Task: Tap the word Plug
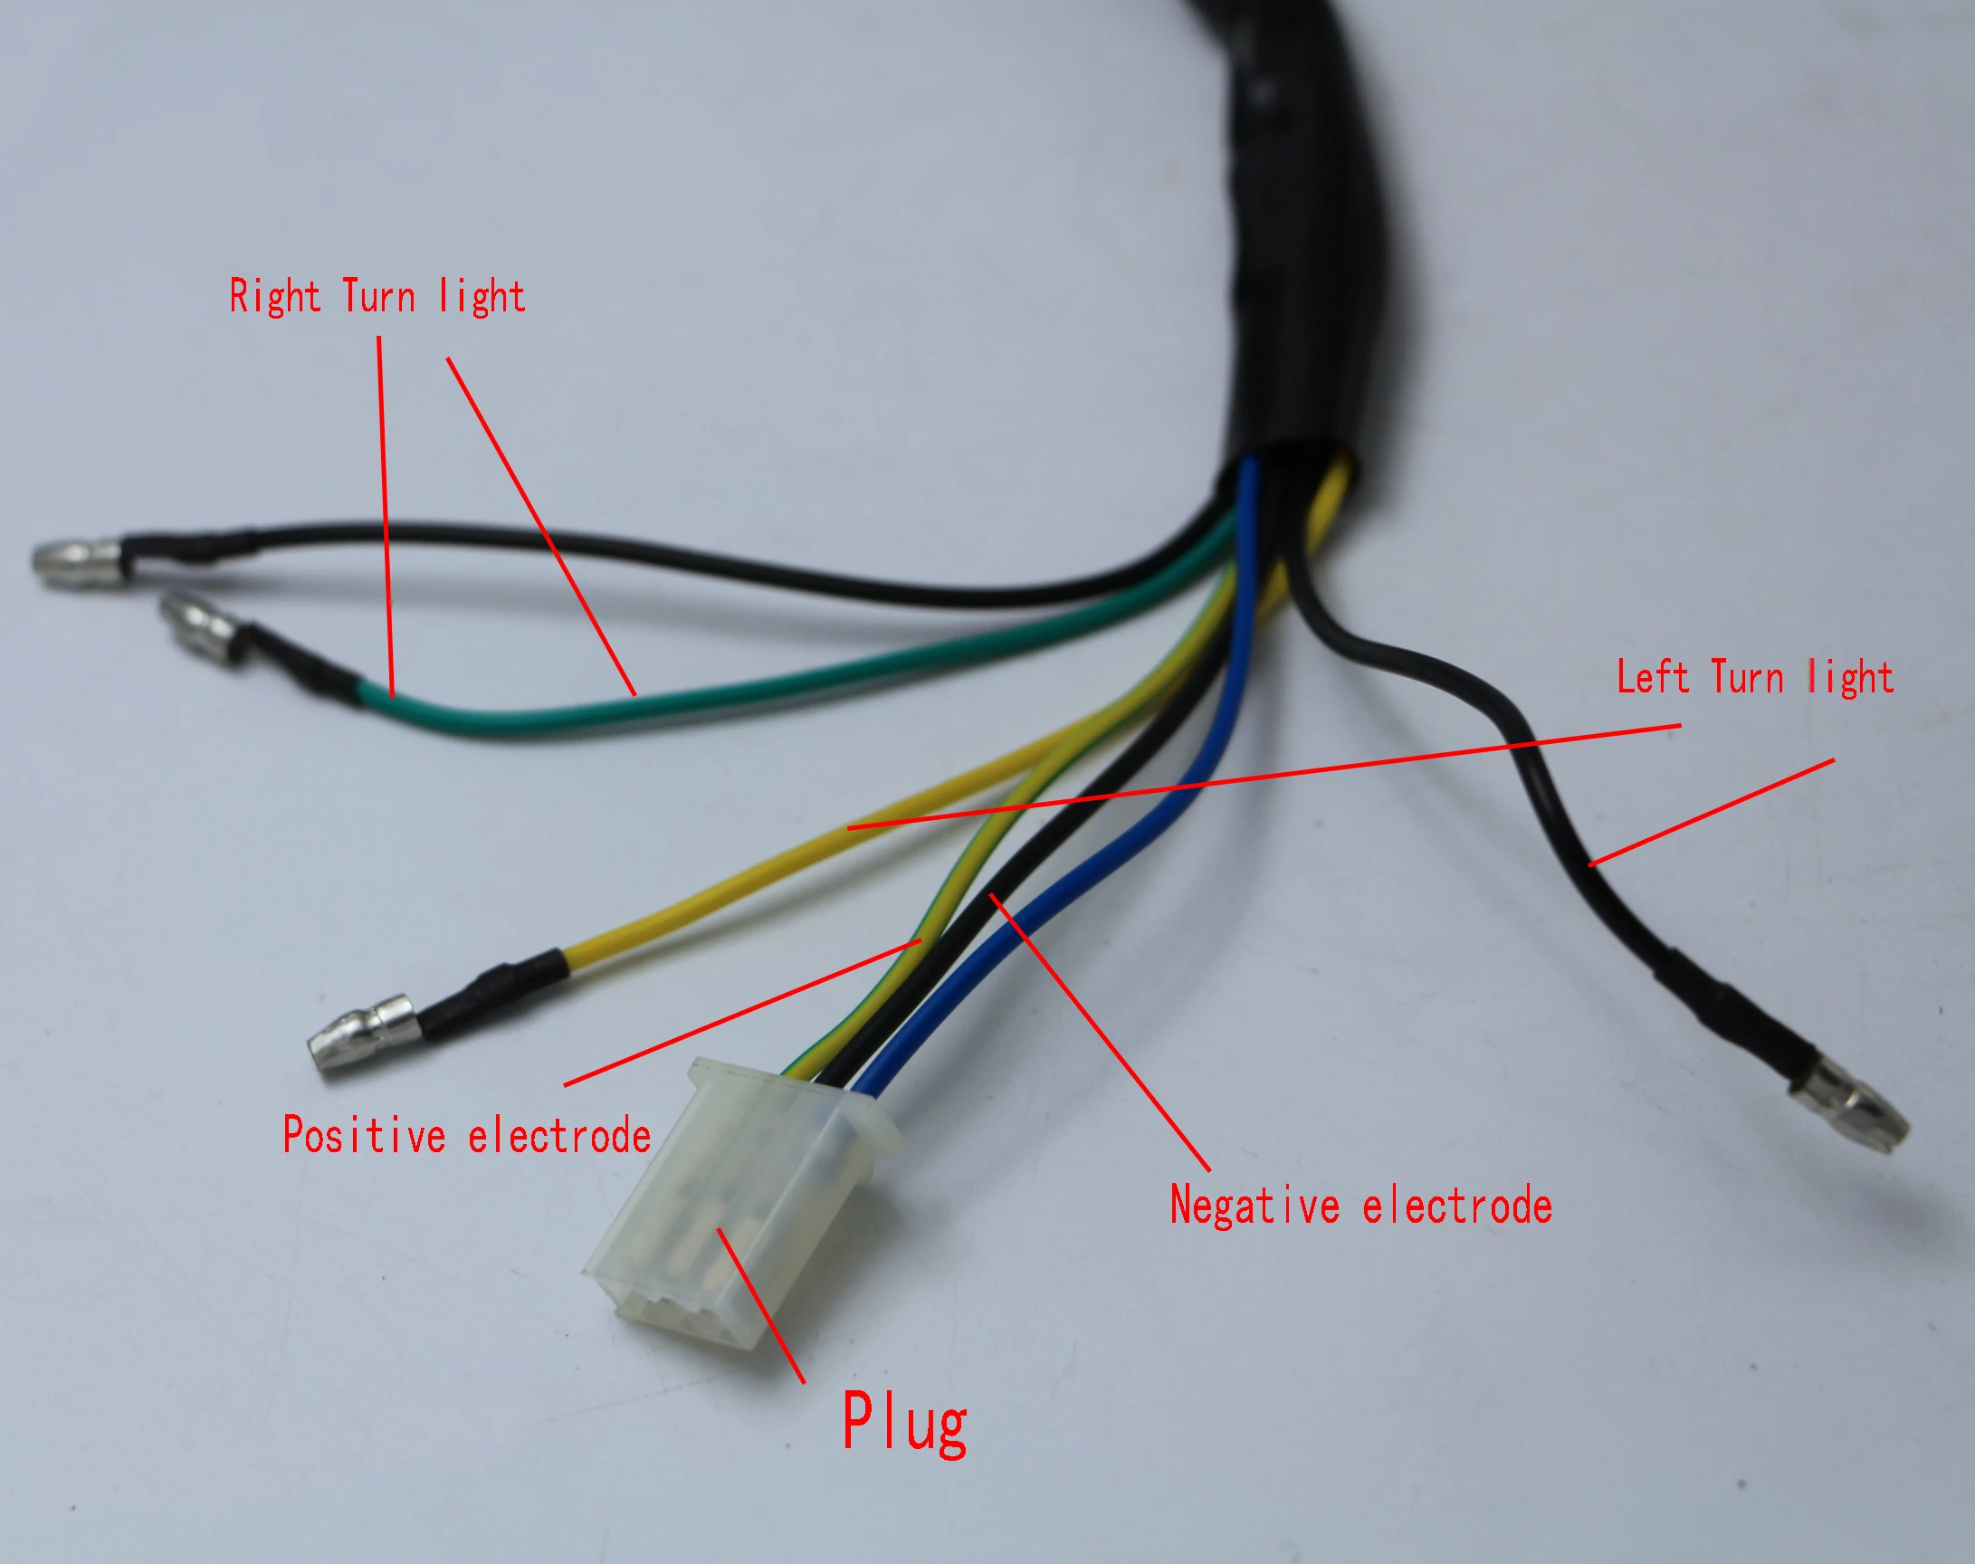coord(903,1423)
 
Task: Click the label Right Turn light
coord(377,297)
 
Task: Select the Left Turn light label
coord(1753,678)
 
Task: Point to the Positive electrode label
coord(466,1136)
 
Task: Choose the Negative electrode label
coord(1360,1205)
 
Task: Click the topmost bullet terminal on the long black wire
coord(78,560)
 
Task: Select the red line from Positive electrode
coord(741,1012)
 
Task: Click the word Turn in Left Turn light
coord(1747,678)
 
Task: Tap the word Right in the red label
coord(273,297)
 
